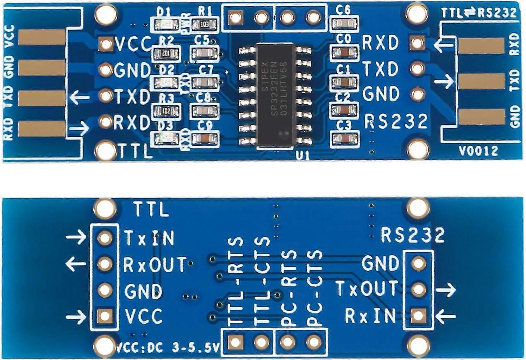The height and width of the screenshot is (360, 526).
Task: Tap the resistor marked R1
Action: [204, 25]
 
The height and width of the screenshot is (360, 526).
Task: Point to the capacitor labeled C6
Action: [344, 24]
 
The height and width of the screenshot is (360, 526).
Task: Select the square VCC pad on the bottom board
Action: [105, 316]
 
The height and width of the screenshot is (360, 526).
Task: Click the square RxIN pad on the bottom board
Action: [418, 315]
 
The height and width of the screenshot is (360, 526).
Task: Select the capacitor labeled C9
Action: [204, 139]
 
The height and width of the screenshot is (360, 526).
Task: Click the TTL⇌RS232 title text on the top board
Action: [479, 13]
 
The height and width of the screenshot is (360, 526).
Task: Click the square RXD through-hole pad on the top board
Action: [418, 43]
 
